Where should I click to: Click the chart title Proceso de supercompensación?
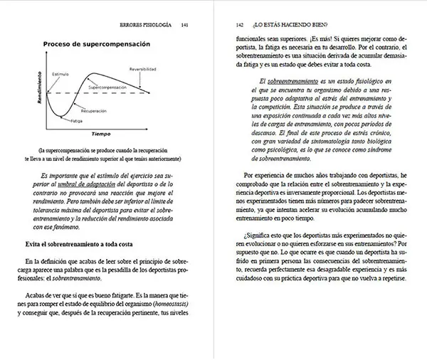point(96,44)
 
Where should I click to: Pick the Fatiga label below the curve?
point(76,121)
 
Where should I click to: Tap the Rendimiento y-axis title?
point(40,95)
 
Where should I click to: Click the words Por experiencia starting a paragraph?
point(265,174)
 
